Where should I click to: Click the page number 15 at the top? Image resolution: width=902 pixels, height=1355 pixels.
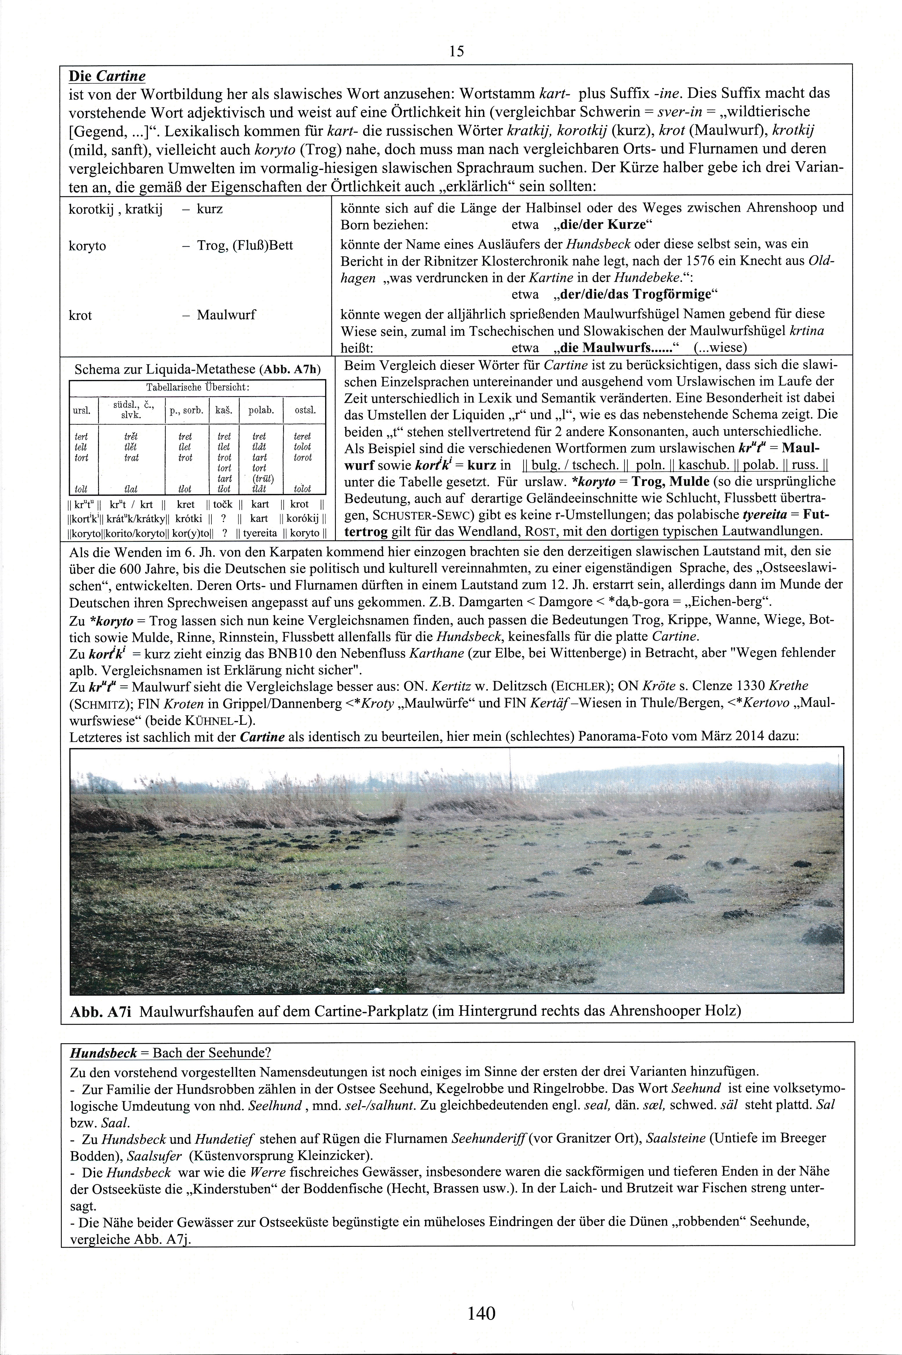pos(456,52)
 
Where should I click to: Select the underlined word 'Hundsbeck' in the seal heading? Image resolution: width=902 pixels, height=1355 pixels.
pos(104,1053)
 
